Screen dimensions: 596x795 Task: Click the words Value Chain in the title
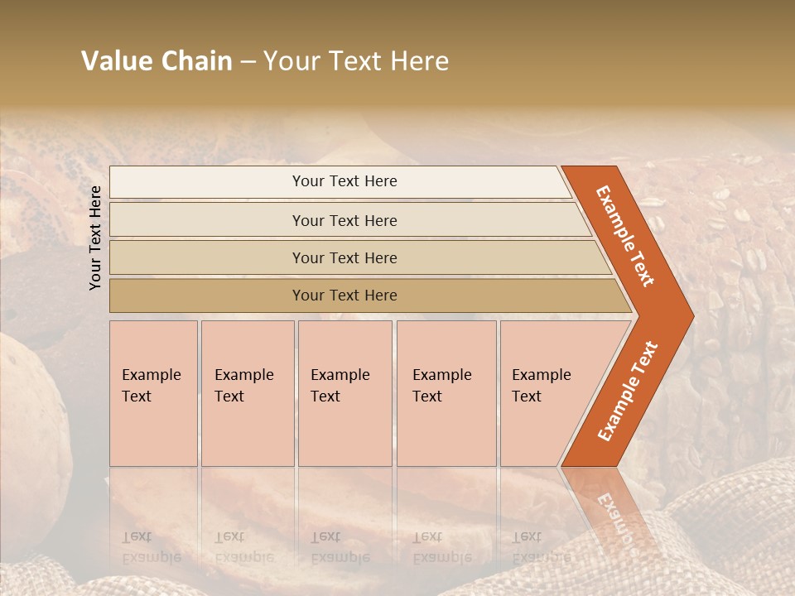coord(157,61)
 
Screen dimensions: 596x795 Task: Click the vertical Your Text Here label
coord(95,238)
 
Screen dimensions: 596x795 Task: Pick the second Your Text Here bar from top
coord(344,220)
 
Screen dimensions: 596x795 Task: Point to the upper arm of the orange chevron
coord(625,235)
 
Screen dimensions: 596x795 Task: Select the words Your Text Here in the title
coord(356,61)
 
